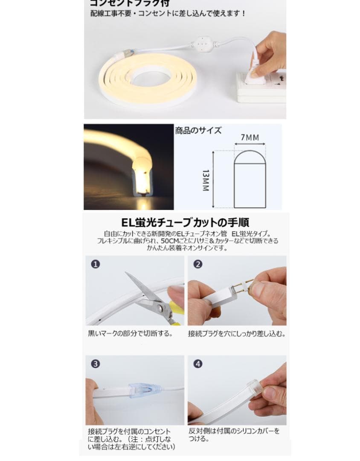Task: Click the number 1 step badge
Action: coord(96,264)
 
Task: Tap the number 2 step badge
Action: coord(197,264)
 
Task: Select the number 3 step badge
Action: coord(96,364)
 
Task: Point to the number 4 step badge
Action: coord(197,364)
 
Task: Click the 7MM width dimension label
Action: coord(250,138)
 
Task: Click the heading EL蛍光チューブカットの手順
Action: coord(186,223)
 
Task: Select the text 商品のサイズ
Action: coord(198,131)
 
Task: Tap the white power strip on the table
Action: coord(260,88)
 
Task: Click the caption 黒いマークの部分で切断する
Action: coord(130,333)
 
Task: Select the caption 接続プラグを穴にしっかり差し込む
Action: coord(237,333)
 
